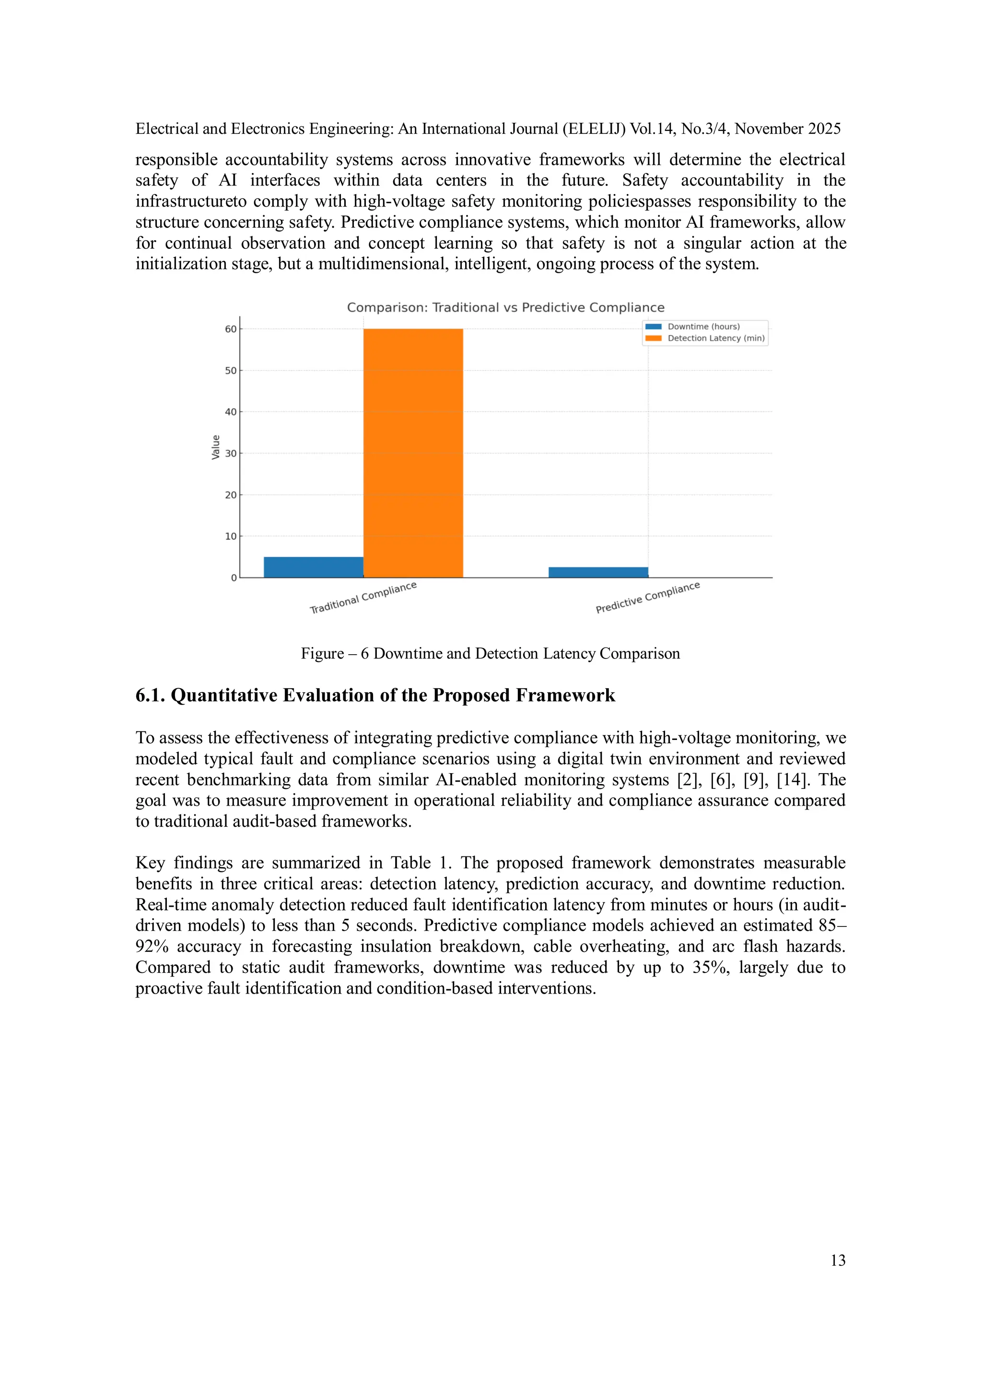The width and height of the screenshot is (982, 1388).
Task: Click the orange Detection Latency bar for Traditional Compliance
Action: pos(413,453)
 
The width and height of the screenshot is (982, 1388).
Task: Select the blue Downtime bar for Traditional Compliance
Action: pos(313,567)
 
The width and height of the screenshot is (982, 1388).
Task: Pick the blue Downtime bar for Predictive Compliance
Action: pos(598,572)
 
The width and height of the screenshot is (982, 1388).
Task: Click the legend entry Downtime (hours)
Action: pos(702,326)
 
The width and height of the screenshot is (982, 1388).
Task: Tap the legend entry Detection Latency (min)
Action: pos(715,338)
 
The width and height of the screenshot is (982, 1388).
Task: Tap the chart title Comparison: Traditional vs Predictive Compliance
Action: pos(505,307)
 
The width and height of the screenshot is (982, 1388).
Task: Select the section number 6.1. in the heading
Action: pos(151,695)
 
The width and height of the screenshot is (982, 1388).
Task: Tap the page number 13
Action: pos(838,1260)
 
